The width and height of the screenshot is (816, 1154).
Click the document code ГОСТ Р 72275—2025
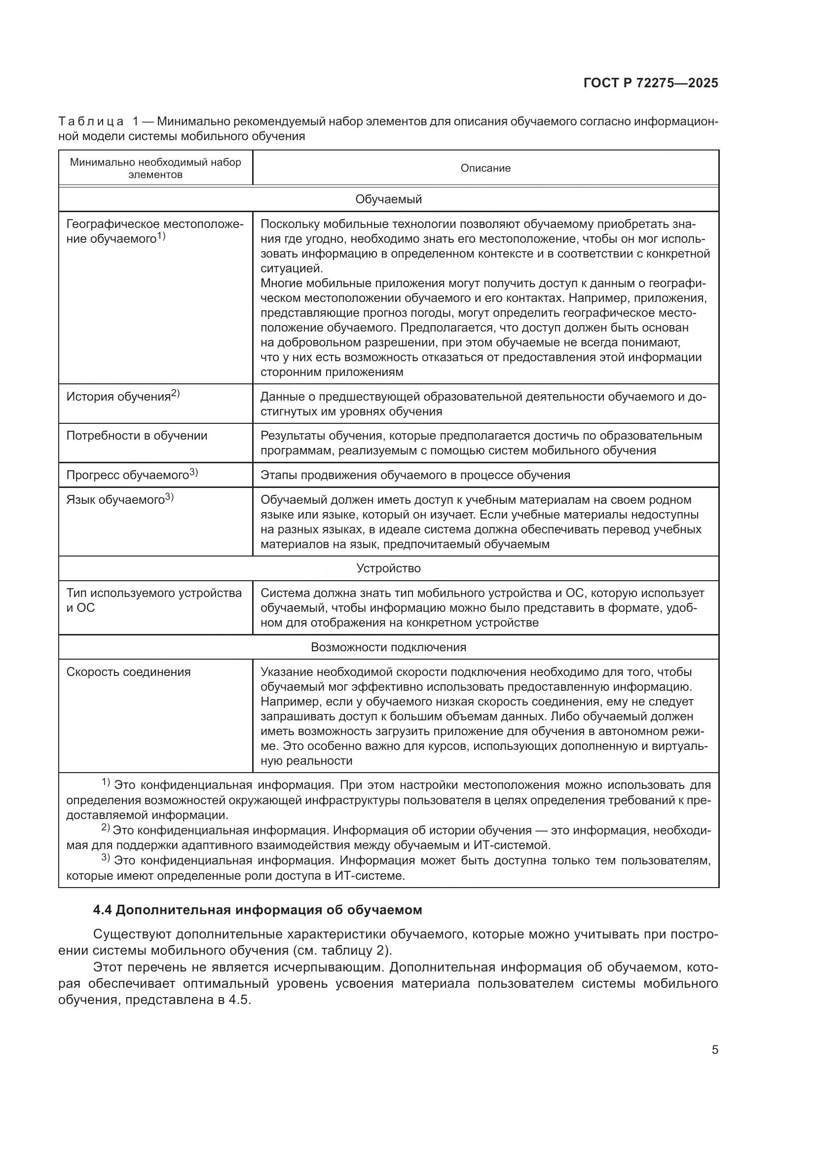[651, 83]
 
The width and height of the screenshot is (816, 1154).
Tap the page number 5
[714, 1049]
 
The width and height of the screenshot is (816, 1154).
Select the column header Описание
[485, 168]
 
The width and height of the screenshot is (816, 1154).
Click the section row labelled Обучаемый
[388, 199]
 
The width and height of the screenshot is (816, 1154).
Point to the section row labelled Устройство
[388, 568]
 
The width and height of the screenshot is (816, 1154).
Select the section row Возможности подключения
[388, 647]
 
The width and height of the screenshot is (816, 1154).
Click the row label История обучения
[118, 397]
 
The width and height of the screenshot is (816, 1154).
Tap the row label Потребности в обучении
[137, 436]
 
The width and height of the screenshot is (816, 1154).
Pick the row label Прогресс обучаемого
[128, 475]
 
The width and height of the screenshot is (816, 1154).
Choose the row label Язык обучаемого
[115, 500]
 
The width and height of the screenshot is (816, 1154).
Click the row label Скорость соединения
[129, 672]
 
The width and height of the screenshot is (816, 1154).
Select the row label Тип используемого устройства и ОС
[154, 600]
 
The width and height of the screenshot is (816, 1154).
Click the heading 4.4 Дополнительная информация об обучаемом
[258, 910]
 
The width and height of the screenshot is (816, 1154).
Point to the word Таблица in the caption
[91, 122]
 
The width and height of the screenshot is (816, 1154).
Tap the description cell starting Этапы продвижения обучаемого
[415, 475]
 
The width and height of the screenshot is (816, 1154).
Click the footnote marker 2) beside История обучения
[175, 393]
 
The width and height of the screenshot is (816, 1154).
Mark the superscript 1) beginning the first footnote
[106, 782]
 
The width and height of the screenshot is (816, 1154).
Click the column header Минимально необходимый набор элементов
[155, 168]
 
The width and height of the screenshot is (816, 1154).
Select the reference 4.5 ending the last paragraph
[239, 1000]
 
